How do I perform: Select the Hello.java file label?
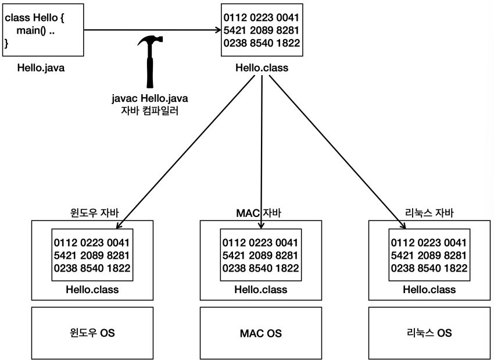coord(41,68)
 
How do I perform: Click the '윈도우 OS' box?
coord(92,333)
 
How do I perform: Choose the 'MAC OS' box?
coord(261,333)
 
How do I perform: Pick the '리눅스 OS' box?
coord(429,333)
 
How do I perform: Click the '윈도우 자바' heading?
coord(94,213)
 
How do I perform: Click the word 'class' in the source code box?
coord(17,18)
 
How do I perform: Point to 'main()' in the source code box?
coord(28,30)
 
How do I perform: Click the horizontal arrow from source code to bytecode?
coord(151,30)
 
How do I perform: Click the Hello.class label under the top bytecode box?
coord(262,68)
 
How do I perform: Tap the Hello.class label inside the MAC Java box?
coord(261,290)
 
